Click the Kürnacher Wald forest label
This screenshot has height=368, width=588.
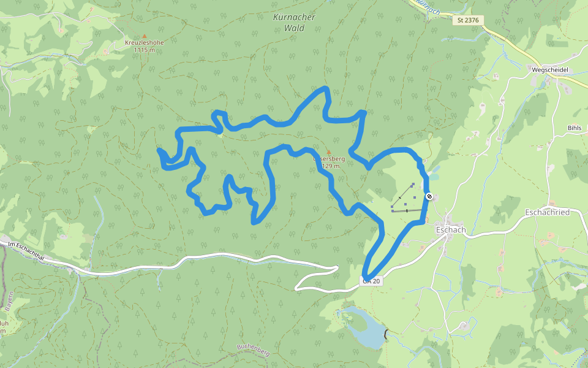(x=294, y=22)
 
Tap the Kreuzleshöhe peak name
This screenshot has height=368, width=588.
(x=144, y=43)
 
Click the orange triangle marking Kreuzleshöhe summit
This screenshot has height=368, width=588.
(x=145, y=36)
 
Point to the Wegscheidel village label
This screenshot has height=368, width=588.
(x=549, y=70)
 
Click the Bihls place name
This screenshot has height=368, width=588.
(x=574, y=128)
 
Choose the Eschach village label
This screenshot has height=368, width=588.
(x=451, y=230)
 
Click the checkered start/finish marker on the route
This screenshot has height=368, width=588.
(x=430, y=196)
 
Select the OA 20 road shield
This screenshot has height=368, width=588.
(x=371, y=281)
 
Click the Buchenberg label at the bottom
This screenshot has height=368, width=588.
(x=254, y=351)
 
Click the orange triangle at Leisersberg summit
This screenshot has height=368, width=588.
(x=328, y=152)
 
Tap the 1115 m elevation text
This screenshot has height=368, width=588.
(x=144, y=50)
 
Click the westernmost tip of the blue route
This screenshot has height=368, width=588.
(x=159, y=150)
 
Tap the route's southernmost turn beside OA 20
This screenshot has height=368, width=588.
(x=366, y=276)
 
